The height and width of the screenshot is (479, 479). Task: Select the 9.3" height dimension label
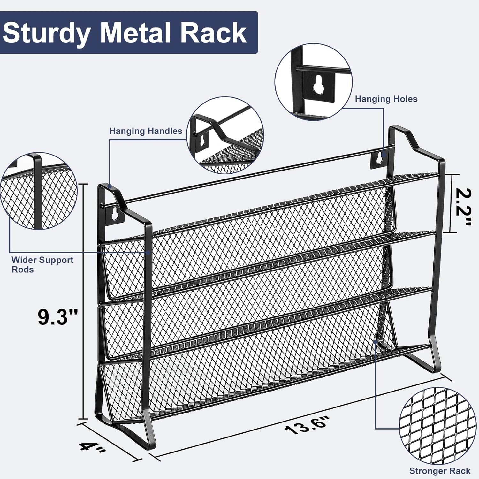point(58,317)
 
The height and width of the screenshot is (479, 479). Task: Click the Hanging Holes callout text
point(386,99)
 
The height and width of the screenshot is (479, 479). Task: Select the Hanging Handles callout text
point(146,131)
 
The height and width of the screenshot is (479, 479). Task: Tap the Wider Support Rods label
point(42,265)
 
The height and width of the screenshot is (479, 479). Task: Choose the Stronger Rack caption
point(440,471)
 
